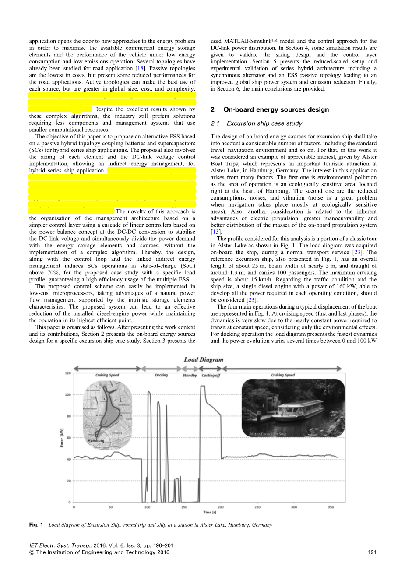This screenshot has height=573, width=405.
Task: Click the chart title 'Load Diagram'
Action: click(204, 360)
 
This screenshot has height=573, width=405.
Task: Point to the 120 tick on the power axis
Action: click(68, 373)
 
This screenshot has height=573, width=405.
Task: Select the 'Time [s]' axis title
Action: click(207, 512)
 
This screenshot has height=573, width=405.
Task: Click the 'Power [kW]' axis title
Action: click(62, 438)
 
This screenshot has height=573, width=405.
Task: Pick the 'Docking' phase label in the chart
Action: click(161, 376)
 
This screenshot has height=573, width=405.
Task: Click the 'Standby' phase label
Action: click(190, 376)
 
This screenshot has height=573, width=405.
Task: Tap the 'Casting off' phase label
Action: click(211, 376)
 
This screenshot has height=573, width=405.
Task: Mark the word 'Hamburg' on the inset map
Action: click(96, 441)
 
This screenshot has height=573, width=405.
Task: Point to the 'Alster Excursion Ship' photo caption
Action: click(268, 434)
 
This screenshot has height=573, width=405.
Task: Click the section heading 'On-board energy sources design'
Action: click(276, 109)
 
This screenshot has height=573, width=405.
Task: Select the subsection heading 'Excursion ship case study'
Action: click(264, 123)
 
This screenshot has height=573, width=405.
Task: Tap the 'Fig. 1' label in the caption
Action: click(36, 525)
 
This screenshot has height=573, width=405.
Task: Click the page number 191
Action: click(372, 552)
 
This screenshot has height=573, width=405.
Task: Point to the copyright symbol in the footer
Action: click(32, 552)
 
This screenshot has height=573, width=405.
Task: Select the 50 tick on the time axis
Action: click(110, 507)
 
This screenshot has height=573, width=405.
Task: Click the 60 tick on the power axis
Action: click(69, 438)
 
